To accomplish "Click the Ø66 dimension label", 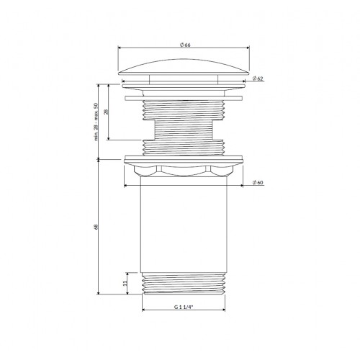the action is (185, 45).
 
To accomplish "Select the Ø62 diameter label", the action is (258, 78).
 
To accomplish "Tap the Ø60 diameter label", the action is (258, 182).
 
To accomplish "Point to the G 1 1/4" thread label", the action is (184, 307).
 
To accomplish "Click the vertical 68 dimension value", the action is (96, 227).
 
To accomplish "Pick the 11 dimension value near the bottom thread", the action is (125, 284).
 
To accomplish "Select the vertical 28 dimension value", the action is (107, 112).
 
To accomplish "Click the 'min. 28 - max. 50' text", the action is (96, 122).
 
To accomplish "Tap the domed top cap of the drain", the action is (184, 66).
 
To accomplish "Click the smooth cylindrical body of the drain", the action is (184, 225).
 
